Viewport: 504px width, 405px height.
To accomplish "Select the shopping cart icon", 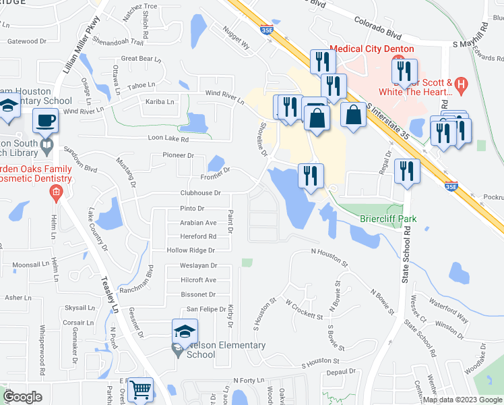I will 139,389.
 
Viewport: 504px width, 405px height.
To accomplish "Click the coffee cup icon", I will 46,120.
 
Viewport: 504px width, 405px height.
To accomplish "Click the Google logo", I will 22,396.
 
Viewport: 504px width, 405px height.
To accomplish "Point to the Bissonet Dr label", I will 198,294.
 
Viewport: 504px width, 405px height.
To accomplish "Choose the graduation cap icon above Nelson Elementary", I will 185,331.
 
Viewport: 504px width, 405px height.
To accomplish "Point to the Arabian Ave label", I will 198,222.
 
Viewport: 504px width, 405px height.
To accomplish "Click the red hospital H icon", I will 461,84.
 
